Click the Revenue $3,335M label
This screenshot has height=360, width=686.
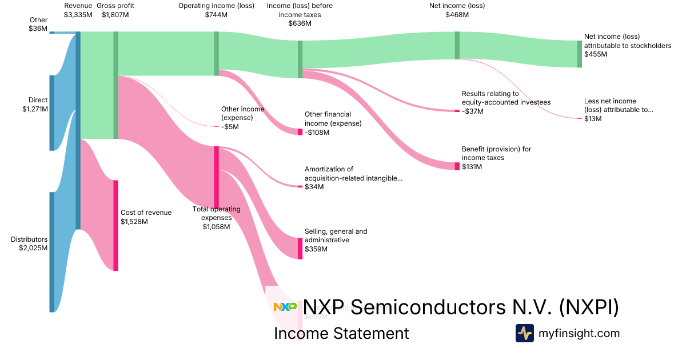click(78, 10)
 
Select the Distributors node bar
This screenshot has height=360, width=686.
click(51, 252)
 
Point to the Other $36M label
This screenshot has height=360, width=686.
click(38, 24)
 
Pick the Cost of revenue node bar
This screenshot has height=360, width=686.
click(115, 225)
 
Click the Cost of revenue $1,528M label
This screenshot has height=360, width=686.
click(146, 217)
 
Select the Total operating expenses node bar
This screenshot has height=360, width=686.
click(216, 177)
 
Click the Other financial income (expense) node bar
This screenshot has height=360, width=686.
click(300, 132)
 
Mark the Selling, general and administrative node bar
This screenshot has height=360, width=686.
click(300, 248)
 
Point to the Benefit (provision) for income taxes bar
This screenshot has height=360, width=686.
click(457, 166)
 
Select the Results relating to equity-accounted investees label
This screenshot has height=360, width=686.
click(506, 102)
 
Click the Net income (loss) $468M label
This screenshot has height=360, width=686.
click(457, 10)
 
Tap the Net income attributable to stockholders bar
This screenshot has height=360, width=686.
click(579, 54)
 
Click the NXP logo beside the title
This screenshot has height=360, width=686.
click(285, 307)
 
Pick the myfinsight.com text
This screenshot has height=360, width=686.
click(579, 333)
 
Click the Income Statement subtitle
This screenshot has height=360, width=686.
click(341, 333)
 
